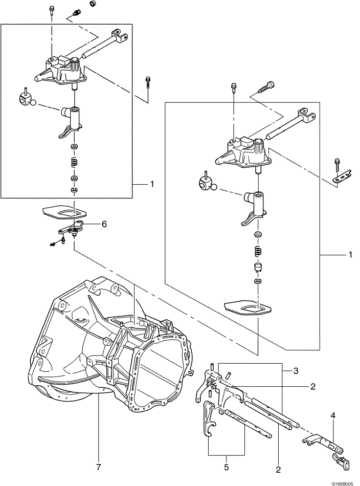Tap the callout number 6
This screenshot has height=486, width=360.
pos(104,224)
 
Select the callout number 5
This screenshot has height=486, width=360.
pos(227,467)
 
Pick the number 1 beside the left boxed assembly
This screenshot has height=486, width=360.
pos(152,184)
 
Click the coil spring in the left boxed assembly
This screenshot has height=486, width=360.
pos(74,162)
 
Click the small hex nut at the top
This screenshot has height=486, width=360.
pos(92,4)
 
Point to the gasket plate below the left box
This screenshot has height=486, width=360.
pos(64,213)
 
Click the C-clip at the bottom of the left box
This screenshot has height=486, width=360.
pos(74,190)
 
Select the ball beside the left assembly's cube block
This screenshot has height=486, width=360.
pos(35,103)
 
